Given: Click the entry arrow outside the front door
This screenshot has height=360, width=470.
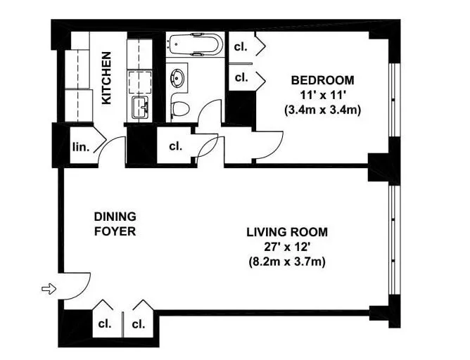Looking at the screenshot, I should [48, 288].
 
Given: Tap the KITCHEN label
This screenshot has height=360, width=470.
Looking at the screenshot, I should [106, 78].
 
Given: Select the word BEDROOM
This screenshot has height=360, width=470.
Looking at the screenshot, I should [323, 79].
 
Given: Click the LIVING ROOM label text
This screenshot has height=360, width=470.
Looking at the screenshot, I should [287, 231].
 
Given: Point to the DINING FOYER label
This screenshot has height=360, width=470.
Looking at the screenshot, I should [115, 224].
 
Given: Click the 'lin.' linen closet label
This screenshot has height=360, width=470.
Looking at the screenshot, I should [79, 148].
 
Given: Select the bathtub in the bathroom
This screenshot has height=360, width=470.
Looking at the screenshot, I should [196, 44].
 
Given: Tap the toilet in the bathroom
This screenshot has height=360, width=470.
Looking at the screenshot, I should [181, 108].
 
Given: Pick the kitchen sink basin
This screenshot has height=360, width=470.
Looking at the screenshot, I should [139, 108].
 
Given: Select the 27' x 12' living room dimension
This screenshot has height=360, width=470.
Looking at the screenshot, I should [287, 246].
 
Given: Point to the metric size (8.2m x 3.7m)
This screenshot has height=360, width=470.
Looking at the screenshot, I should [287, 261].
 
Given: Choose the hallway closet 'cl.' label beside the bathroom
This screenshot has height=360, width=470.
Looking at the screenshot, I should [175, 147].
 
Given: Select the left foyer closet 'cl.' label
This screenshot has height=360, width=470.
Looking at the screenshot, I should [105, 324].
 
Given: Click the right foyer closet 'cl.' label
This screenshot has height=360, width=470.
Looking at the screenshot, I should [138, 324].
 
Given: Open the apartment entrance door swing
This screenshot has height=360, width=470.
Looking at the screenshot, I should [76, 283].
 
